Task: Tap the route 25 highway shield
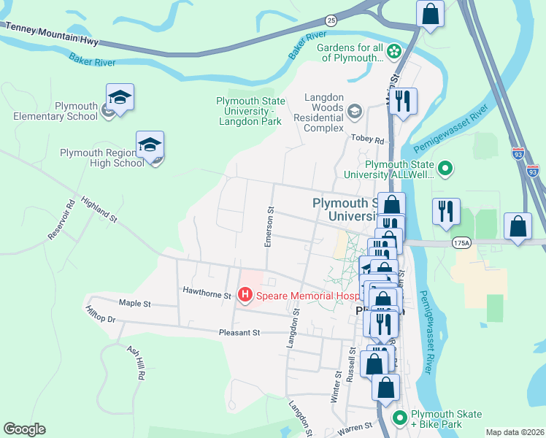point(331,20)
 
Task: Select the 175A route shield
point(461,242)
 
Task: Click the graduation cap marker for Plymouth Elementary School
point(120,97)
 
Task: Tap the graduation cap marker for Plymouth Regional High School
point(150,145)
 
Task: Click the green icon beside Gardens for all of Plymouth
point(394,51)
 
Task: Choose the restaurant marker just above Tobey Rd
point(402,101)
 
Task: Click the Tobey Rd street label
point(369,139)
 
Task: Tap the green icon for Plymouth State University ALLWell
point(445,169)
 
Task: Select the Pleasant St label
point(239,333)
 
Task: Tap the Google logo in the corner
point(24,429)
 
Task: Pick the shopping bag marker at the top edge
point(430,13)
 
